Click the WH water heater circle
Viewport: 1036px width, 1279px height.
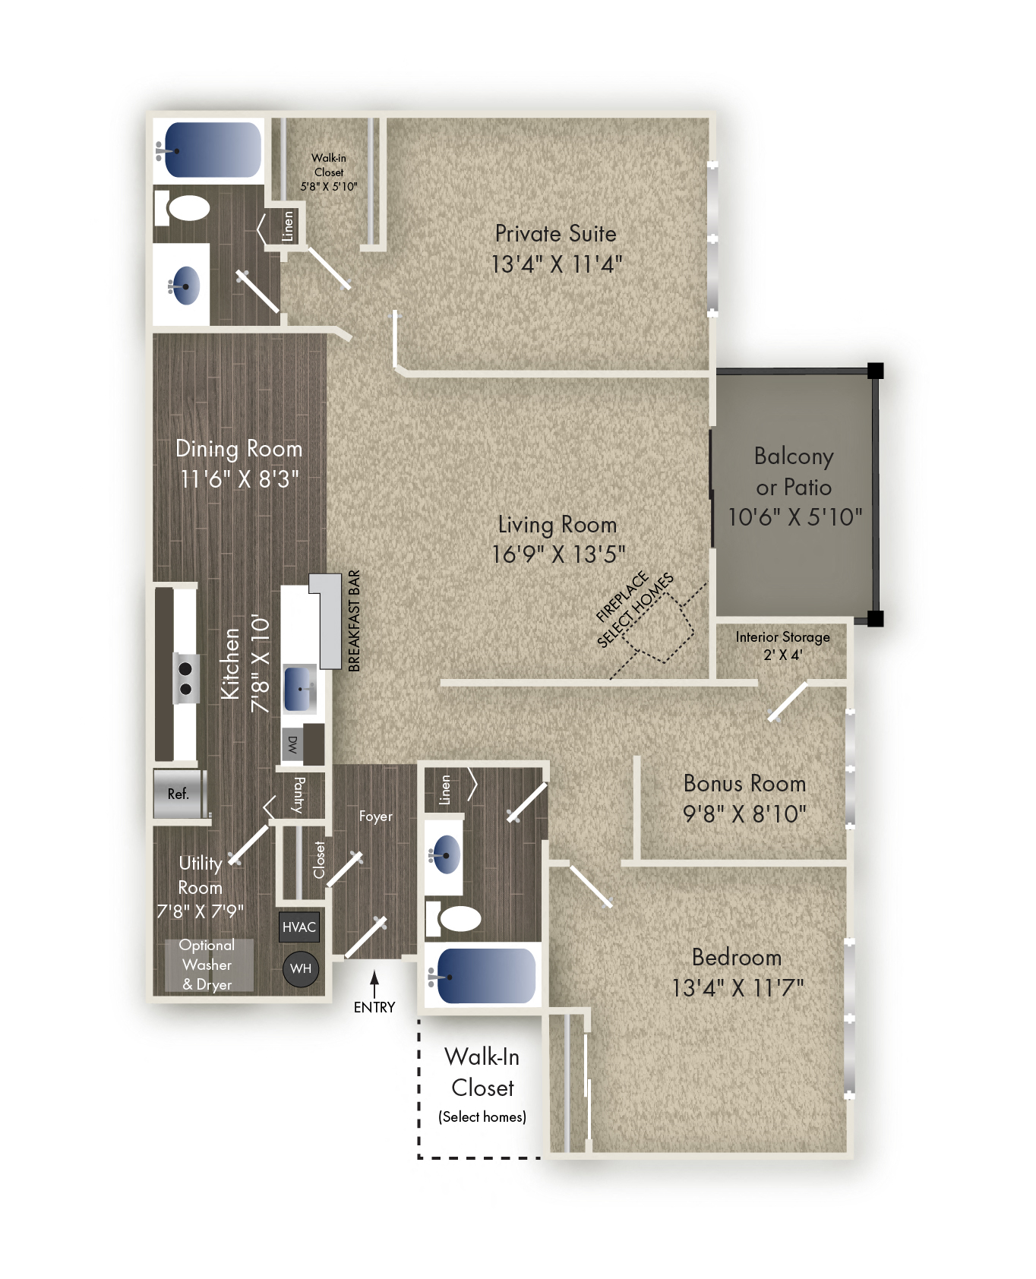tap(300, 968)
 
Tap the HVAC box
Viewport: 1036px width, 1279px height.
tap(298, 927)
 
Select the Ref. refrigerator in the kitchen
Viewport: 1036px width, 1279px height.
tap(179, 794)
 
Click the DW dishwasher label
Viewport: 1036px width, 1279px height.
tap(292, 744)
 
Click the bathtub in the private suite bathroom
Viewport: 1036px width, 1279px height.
tap(212, 150)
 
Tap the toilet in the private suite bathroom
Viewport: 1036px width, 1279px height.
tap(187, 207)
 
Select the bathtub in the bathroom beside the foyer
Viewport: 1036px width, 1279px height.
tap(485, 976)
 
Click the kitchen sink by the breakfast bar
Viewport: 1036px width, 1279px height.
tap(301, 688)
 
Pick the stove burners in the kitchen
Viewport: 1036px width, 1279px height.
tap(185, 679)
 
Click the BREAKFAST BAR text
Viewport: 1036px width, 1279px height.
tap(354, 621)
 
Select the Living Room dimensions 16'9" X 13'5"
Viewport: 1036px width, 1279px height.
tap(558, 554)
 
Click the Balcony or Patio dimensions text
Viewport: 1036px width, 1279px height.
tap(794, 517)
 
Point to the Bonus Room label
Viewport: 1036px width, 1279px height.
tap(744, 783)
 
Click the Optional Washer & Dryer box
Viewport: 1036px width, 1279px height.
tap(207, 965)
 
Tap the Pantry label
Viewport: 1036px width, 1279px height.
tap(299, 794)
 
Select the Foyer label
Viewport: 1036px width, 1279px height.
tap(376, 816)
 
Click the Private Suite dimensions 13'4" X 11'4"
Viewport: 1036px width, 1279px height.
tap(557, 264)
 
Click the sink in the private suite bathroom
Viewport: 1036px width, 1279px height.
tap(185, 285)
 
